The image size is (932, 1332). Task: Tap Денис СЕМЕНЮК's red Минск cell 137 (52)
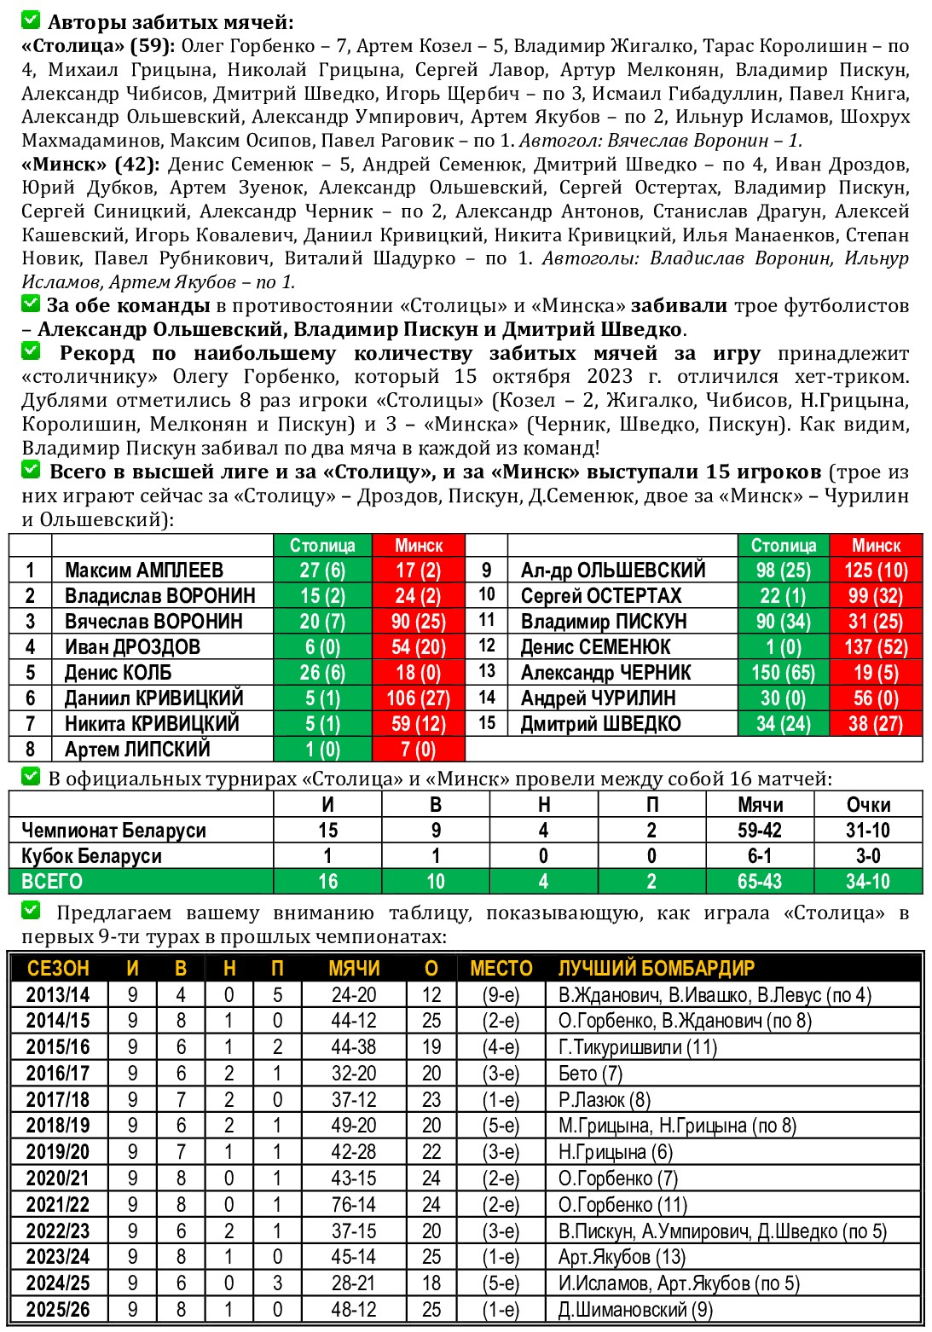point(876,647)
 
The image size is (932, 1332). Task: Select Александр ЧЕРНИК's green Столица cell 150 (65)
point(783,673)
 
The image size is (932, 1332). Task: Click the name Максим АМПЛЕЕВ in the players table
point(143,570)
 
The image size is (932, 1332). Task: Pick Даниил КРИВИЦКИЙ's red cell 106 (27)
point(418,698)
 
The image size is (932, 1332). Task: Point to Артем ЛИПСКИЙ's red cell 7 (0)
point(418,750)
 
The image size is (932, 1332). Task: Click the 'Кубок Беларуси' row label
point(91,855)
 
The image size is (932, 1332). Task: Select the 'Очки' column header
point(868,804)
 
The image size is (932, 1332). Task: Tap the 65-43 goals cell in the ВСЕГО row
point(760,881)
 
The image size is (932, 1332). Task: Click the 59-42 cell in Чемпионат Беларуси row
point(760,830)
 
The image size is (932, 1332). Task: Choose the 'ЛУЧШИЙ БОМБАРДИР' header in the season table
point(657,968)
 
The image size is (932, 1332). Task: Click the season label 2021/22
point(57,1204)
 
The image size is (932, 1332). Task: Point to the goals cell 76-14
point(354,1204)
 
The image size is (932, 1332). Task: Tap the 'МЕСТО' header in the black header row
point(501,968)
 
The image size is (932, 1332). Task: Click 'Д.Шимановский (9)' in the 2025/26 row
point(635,1309)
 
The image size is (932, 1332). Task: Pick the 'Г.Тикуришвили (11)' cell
point(637,1046)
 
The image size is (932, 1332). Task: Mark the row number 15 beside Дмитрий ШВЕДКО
point(486,723)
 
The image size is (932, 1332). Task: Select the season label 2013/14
point(57,994)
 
